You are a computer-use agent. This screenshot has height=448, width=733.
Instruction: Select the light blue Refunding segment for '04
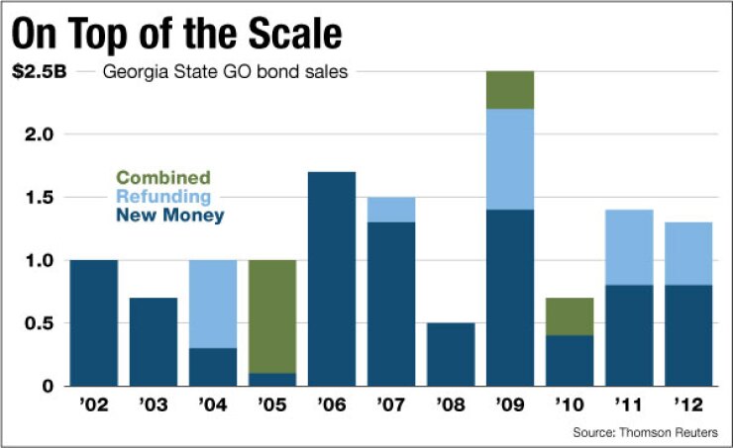coord(214,304)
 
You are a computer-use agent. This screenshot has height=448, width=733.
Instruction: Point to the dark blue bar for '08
coord(452,354)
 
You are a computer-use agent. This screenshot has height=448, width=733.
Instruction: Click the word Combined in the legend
coord(163,178)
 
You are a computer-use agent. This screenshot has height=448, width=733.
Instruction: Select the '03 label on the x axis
coord(155,404)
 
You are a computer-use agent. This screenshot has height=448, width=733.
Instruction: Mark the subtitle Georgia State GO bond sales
coord(225,72)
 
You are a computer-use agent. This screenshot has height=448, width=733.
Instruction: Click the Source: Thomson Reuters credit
coord(651,432)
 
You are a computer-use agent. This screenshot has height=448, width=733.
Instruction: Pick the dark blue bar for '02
coord(95,322)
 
